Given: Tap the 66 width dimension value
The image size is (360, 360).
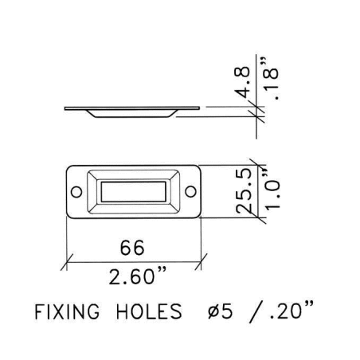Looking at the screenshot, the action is click(132, 248).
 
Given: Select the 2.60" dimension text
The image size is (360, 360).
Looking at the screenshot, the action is click(138, 276).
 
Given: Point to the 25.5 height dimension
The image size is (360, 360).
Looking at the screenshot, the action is click(244, 190).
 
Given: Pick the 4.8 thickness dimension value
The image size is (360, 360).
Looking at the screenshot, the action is click(242, 82).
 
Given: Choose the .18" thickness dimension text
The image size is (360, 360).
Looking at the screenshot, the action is click(271, 78).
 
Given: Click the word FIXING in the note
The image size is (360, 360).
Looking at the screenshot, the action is click(67, 311).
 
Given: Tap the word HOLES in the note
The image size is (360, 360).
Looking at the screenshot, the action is click(149, 311).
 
